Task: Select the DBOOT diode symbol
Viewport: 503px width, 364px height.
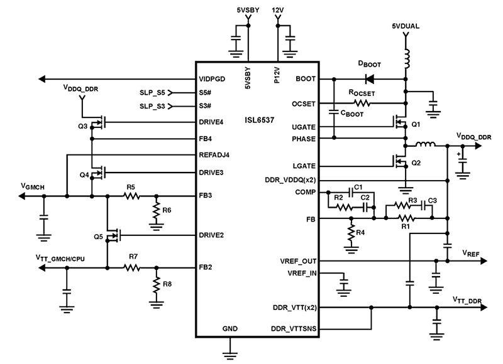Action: coord(368,80)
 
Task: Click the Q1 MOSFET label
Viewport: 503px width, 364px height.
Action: coord(415,126)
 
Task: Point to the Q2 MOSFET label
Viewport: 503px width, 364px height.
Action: coord(415,163)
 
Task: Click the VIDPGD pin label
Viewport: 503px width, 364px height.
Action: coord(213,80)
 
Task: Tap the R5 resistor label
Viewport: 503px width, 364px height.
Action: coord(131,187)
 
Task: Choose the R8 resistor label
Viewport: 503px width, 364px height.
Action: coord(167,284)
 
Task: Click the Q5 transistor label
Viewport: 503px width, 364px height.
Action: coord(97,237)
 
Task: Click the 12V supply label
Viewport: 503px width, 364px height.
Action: coord(278,11)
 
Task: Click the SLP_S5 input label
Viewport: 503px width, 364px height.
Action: coord(152,92)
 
